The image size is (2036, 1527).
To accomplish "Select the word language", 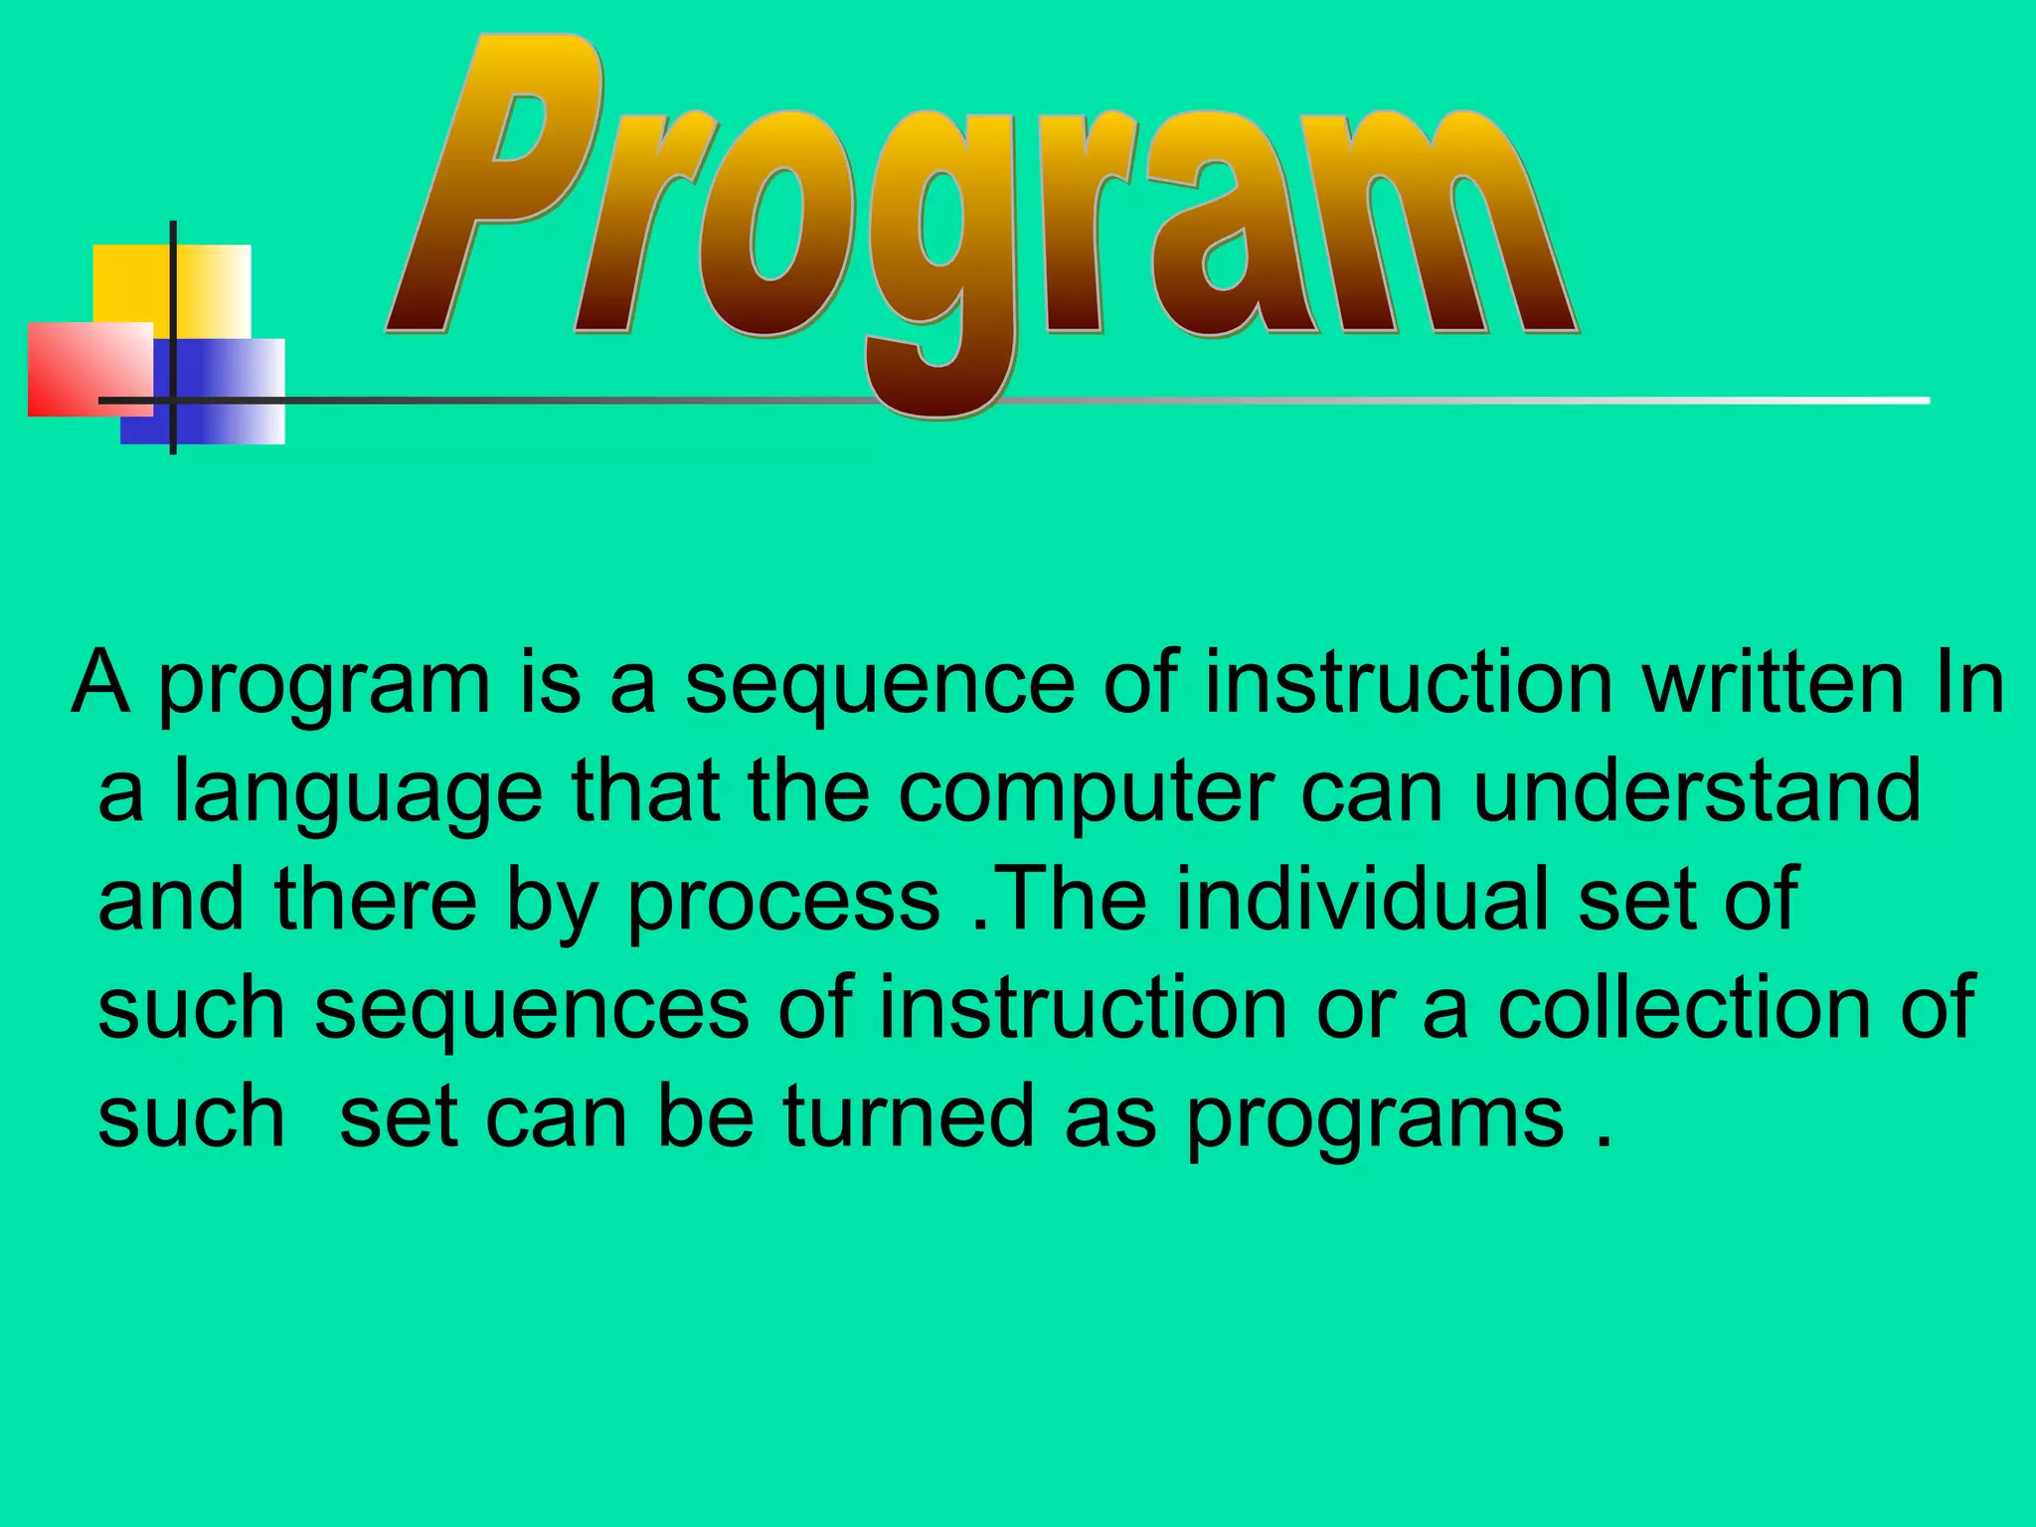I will [x=358, y=793].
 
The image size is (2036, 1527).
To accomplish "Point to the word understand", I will [x=1696, y=791].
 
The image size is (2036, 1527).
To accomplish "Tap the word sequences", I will [x=532, y=1009].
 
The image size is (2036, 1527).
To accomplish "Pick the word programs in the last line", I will [x=1376, y=1119].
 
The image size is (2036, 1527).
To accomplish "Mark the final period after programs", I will [x=1602, y=1142].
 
